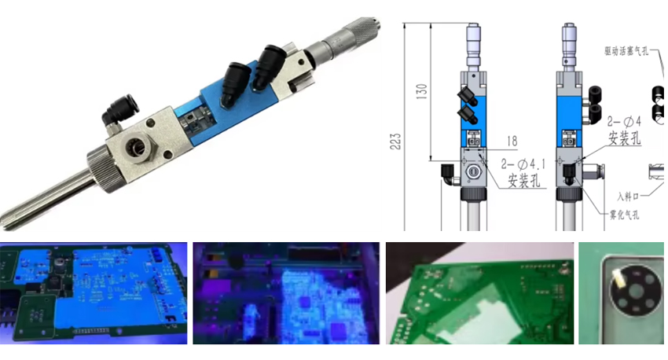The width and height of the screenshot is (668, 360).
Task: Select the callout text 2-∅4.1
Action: pyautogui.click(x=521, y=165)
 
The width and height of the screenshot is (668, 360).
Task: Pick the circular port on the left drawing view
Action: pyautogui.click(x=473, y=171)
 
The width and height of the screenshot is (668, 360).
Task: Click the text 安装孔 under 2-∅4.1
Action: pyautogui.click(x=523, y=181)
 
